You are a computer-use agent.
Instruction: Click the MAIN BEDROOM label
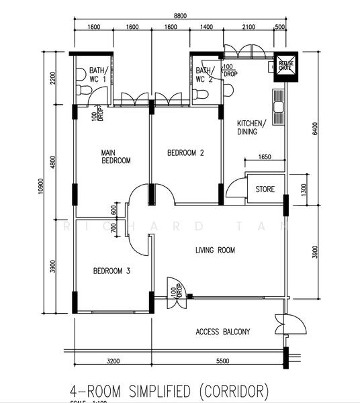point(116,156)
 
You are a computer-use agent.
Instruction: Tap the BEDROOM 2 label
point(185,153)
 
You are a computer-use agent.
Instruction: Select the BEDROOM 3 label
point(111,271)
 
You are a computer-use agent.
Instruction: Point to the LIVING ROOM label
point(215,251)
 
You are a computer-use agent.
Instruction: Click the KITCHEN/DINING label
point(252,128)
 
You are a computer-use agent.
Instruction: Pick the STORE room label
point(265,189)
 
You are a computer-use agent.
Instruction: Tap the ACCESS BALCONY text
point(223,332)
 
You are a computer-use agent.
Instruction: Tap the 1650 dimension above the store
point(264,157)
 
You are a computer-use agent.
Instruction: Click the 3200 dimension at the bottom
point(114,362)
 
